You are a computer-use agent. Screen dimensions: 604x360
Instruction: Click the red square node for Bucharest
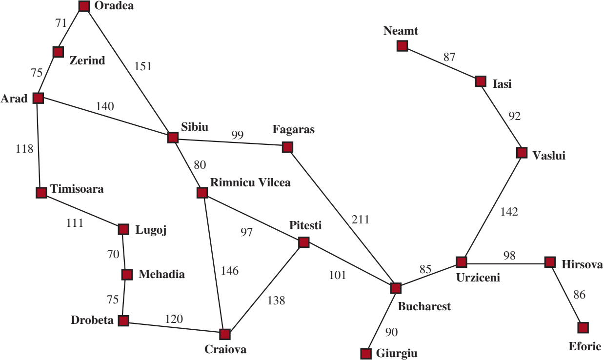tap(396, 288)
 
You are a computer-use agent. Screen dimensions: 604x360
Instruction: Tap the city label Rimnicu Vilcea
tap(250, 182)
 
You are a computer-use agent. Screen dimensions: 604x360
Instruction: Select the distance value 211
tap(360, 220)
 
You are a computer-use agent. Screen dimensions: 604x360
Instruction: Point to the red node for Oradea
tap(84, 6)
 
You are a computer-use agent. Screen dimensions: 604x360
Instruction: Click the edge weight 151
tap(143, 66)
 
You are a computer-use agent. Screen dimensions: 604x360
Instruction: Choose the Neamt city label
tap(401, 31)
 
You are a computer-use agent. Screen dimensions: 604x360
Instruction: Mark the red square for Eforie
tap(583, 328)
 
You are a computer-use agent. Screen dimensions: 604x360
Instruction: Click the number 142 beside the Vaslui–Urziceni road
tap(509, 212)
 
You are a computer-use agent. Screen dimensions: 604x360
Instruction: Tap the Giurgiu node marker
tap(366, 354)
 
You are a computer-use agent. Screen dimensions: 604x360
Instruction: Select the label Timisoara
tap(77, 189)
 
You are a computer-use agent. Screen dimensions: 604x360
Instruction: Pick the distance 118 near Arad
tap(24, 149)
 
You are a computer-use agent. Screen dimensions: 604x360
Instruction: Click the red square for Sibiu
tap(173, 138)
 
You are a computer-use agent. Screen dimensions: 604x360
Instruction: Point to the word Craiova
tap(225, 349)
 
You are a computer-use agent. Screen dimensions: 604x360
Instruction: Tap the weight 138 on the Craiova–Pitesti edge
tap(276, 300)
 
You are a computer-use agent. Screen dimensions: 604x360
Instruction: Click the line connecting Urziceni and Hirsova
tap(505, 263)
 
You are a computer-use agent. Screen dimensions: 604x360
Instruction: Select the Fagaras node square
tap(287, 147)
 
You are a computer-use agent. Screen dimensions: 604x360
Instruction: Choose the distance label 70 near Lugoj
tap(113, 254)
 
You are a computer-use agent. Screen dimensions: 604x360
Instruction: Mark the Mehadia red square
tap(127, 275)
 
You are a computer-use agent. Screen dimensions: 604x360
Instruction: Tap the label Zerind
tap(87, 60)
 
